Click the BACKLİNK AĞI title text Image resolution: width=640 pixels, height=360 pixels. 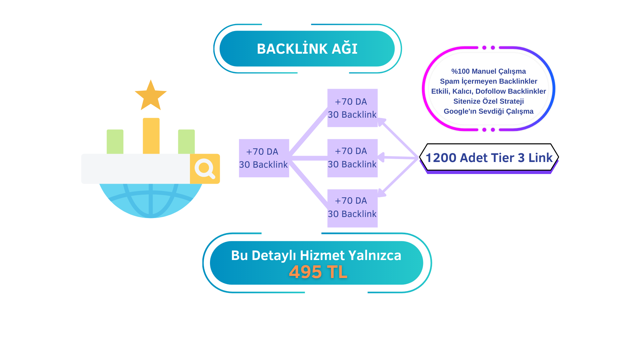pyautogui.click(x=307, y=49)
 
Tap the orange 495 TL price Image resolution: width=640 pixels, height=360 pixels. pyautogui.click(x=318, y=272)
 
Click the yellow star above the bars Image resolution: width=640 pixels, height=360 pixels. pyautogui.click(x=151, y=96)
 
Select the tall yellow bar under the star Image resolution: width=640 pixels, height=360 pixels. pyautogui.click(x=151, y=136)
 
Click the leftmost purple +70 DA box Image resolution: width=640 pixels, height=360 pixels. pyautogui.click(x=264, y=158)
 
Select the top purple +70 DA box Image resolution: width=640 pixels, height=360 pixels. pyautogui.click(x=352, y=108)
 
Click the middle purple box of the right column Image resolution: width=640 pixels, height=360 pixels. pyautogui.click(x=352, y=158)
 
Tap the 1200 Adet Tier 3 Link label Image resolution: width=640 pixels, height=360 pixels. pyautogui.click(x=489, y=158)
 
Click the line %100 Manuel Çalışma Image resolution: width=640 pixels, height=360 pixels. pyautogui.click(x=488, y=71)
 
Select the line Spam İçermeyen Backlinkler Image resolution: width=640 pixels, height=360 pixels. pyautogui.click(x=488, y=81)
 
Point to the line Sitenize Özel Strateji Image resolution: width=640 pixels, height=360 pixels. pyautogui.click(x=488, y=101)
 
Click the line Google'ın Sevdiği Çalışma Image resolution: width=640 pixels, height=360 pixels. pyautogui.click(x=488, y=111)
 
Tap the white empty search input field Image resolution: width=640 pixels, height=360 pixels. pyautogui.click(x=135, y=169)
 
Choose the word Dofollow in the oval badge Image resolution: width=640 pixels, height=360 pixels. pyautogui.click(x=490, y=91)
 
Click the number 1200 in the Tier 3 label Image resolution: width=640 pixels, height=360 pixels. pyautogui.click(x=441, y=158)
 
